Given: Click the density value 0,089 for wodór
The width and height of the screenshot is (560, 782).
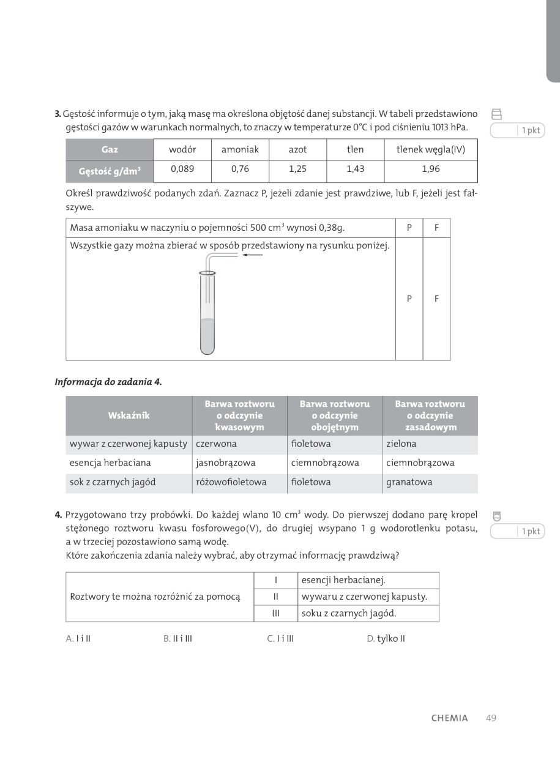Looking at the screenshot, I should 182,169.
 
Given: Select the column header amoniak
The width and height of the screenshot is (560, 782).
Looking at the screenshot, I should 240,149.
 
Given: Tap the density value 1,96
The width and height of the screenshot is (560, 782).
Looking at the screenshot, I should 430,169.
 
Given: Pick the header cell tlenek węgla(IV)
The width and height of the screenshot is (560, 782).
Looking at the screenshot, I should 430,149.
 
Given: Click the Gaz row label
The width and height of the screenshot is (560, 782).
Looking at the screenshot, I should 110,149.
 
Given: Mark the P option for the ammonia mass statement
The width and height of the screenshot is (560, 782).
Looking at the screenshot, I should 409,228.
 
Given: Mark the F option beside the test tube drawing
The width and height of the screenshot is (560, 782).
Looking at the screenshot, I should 436,299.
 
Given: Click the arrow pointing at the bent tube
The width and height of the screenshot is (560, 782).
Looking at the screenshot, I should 252,255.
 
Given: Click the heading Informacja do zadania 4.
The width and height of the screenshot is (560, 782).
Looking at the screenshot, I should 108,382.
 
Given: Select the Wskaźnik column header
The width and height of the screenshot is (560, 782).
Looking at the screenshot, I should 129,415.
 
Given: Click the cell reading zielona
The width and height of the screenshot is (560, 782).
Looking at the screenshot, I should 401,444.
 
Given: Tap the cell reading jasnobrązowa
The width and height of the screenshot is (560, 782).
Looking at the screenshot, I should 225,463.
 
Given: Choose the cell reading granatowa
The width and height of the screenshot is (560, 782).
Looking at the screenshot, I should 409,482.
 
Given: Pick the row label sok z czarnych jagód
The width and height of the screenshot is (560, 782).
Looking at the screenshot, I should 113,482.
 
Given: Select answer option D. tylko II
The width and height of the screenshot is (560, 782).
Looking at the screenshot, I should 386,639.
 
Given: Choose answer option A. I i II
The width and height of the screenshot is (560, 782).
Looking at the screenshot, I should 78,639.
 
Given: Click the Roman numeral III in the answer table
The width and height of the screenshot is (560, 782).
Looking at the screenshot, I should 276,613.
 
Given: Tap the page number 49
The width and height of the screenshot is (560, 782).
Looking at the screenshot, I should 491,718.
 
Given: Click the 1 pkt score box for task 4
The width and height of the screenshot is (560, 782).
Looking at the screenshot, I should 517,531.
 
